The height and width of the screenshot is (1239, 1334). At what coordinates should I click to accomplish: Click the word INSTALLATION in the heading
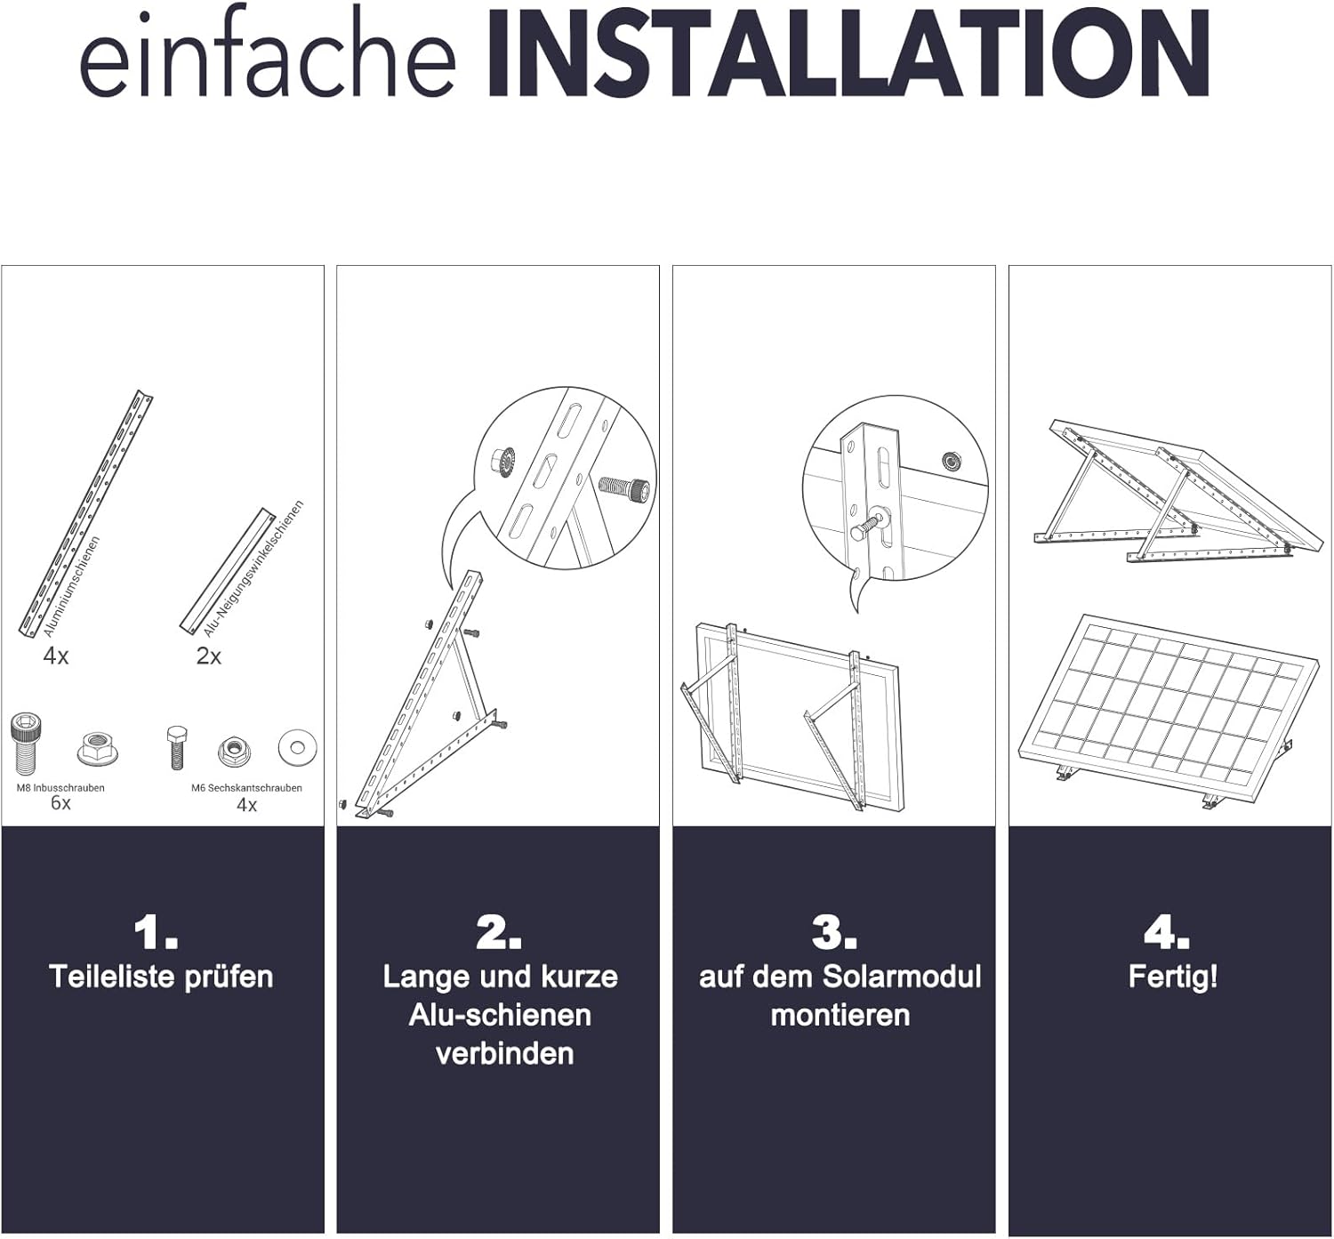click(x=848, y=53)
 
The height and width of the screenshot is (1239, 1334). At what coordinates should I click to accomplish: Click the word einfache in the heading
click(x=268, y=58)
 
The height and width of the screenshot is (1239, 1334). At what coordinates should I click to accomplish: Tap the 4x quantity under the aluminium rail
click(x=56, y=656)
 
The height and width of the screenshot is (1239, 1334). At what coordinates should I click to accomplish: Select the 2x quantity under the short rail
click(x=208, y=656)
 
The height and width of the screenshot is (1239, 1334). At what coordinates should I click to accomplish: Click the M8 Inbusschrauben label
click(x=60, y=787)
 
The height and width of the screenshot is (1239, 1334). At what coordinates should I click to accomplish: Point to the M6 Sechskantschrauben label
click(x=246, y=787)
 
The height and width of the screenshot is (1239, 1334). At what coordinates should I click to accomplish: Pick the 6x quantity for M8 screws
click(x=60, y=803)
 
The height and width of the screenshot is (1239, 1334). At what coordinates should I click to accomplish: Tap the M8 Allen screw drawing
click(x=26, y=744)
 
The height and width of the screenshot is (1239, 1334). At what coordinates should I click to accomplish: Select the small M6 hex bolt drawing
click(x=177, y=747)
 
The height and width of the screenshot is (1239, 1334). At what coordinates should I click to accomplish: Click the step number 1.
click(x=156, y=933)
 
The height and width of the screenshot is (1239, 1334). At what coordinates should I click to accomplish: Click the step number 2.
click(x=498, y=933)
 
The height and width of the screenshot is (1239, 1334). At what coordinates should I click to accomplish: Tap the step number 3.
click(x=834, y=933)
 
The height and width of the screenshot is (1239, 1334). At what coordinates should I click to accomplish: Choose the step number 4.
click(x=1167, y=933)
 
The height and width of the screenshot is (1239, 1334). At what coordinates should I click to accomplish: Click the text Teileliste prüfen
click(x=161, y=978)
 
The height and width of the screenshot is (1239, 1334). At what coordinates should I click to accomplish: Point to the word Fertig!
click(x=1173, y=978)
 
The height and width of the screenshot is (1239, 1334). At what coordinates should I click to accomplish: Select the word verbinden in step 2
click(x=505, y=1054)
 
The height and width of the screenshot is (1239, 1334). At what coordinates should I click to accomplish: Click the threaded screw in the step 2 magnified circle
click(x=624, y=487)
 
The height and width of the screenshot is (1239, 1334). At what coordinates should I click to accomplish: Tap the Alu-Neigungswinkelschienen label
click(x=253, y=568)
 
